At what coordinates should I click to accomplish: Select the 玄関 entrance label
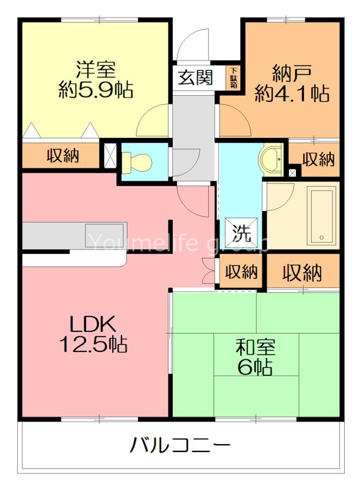pyautogui.click(x=196, y=79)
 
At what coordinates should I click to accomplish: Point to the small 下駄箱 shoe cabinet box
pyautogui.click(x=234, y=77)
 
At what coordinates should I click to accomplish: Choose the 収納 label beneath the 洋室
pyautogui.click(x=63, y=156)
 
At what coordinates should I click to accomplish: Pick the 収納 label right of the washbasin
pyautogui.click(x=319, y=160)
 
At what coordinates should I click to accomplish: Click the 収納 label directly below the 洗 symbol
pyautogui.click(x=241, y=271)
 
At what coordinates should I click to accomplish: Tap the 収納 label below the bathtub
pyautogui.click(x=302, y=272)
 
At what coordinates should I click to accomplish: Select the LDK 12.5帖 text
pyautogui.click(x=92, y=334)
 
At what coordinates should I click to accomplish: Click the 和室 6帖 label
pyautogui.click(x=256, y=357)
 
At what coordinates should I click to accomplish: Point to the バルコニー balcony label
pyautogui.click(x=180, y=445)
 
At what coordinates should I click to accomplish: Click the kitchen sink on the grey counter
pyautogui.click(x=105, y=235)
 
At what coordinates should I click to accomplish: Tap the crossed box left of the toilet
pyautogui.click(x=110, y=154)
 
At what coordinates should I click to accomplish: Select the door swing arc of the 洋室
pyautogui.click(x=153, y=121)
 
